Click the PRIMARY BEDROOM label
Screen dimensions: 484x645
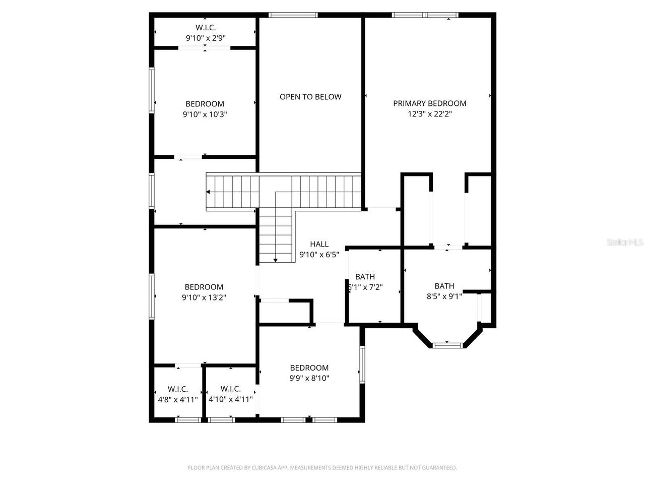(429, 103)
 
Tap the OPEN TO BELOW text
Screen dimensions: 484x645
(310, 97)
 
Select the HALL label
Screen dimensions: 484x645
(319, 245)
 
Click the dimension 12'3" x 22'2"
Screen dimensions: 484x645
(429, 114)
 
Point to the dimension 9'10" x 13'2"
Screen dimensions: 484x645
(204, 297)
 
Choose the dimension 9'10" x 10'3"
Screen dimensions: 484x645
(205, 114)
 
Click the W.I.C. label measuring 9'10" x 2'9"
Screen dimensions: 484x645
(205, 28)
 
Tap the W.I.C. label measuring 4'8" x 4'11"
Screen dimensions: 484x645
(178, 389)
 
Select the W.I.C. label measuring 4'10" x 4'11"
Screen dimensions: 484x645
(230, 389)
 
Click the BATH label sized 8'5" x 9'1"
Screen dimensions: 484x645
(444, 286)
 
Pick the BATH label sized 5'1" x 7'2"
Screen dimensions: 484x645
(365, 277)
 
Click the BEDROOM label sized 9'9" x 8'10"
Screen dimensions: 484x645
(309, 368)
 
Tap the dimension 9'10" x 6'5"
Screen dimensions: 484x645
(318, 255)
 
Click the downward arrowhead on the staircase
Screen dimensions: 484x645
(276, 260)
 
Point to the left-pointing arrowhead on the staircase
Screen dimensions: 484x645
(209, 192)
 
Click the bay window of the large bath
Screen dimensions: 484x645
(447, 345)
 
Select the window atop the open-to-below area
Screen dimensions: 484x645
(293, 15)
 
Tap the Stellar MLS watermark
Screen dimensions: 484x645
(625, 243)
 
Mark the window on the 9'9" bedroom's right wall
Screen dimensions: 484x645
(362, 365)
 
